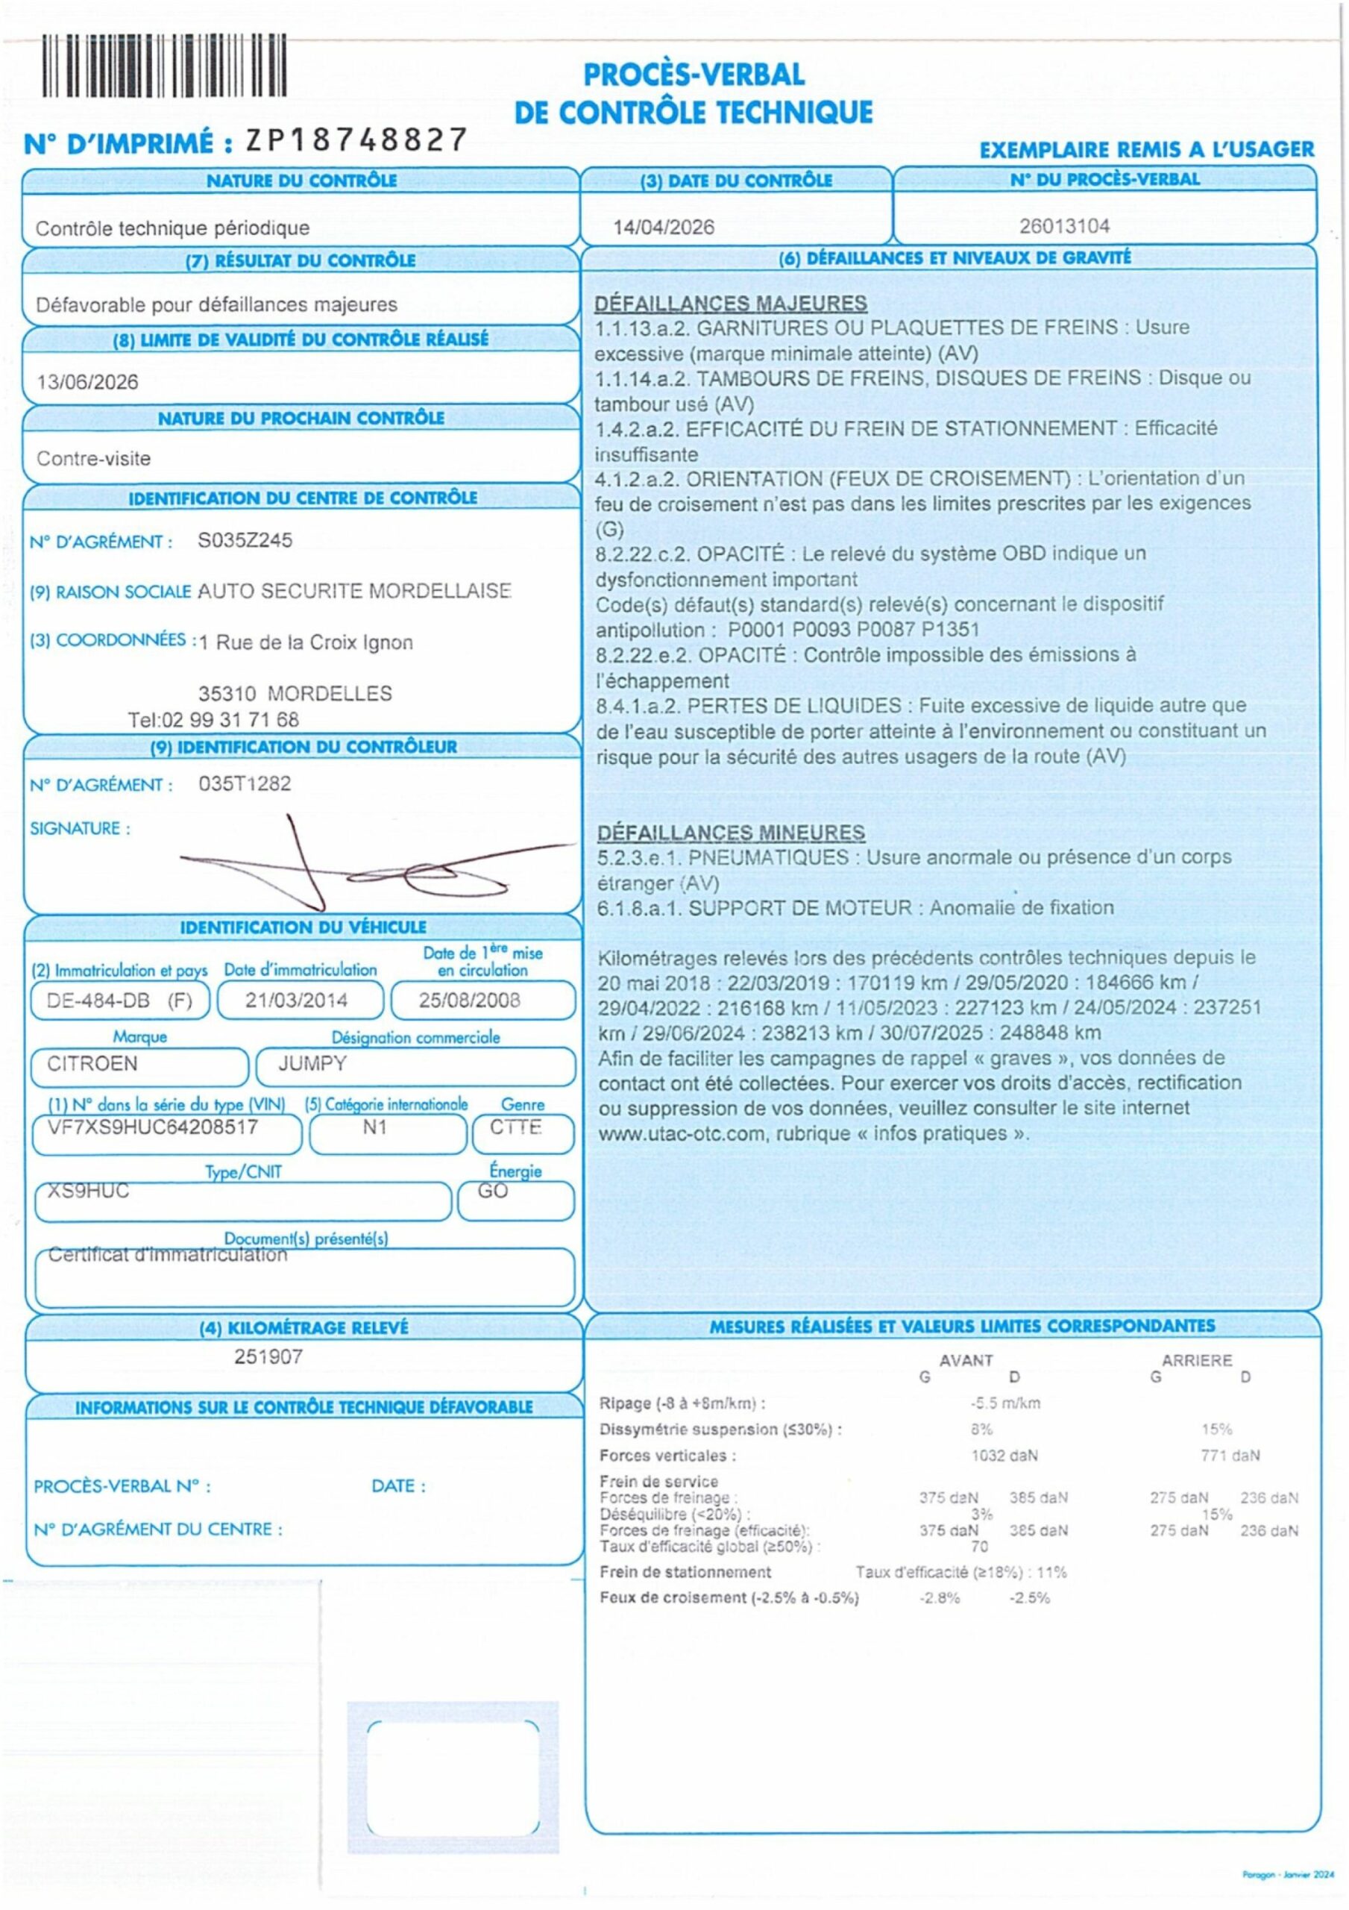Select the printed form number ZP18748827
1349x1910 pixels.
[x=356, y=140]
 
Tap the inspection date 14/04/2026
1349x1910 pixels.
[x=663, y=227]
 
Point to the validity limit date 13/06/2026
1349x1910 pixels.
[x=87, y=382]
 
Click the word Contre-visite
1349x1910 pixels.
[x=93, y=458]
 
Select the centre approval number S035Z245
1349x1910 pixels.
[x=245, y=540]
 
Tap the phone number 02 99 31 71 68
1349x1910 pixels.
[x=230, y=719]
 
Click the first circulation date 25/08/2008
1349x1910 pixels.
[x=469, y=1000]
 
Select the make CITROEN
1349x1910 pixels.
[x=92, y=1063]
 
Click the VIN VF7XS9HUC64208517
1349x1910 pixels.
[x=152, y=1127]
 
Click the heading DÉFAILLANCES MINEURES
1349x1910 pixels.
[x=730, y=833]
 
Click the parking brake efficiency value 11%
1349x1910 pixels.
[x=1051, y=1572]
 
